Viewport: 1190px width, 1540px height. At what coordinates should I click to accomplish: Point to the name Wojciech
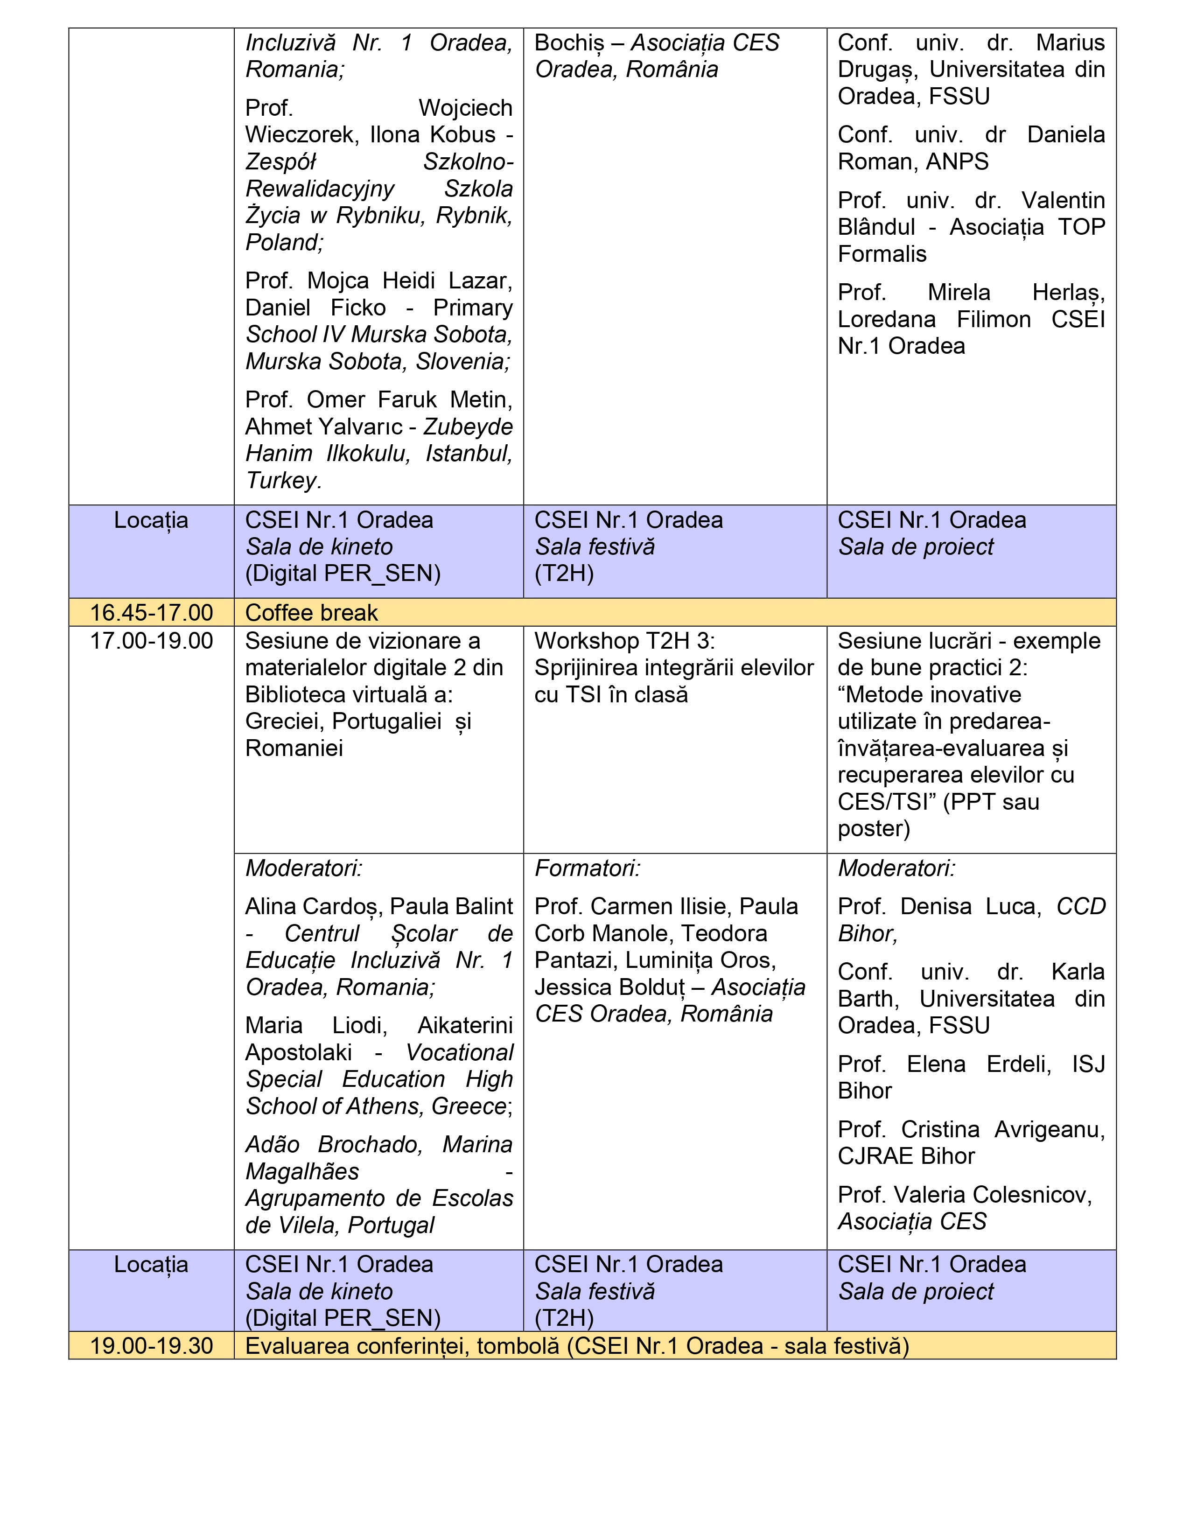[x=465, y=108]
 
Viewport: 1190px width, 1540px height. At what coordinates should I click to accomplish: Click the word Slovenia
[x=462, y=361]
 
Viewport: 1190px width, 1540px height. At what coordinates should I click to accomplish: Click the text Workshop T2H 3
[x=624, y=640]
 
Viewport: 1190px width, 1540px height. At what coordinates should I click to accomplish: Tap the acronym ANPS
[x=957, y=161]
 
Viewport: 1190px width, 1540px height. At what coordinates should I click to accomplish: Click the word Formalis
[x=882, y=254]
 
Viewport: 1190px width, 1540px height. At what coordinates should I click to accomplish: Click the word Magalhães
[x=302, y=1171]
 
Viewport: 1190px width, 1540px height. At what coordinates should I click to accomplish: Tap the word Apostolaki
[x=298, y=1052]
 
